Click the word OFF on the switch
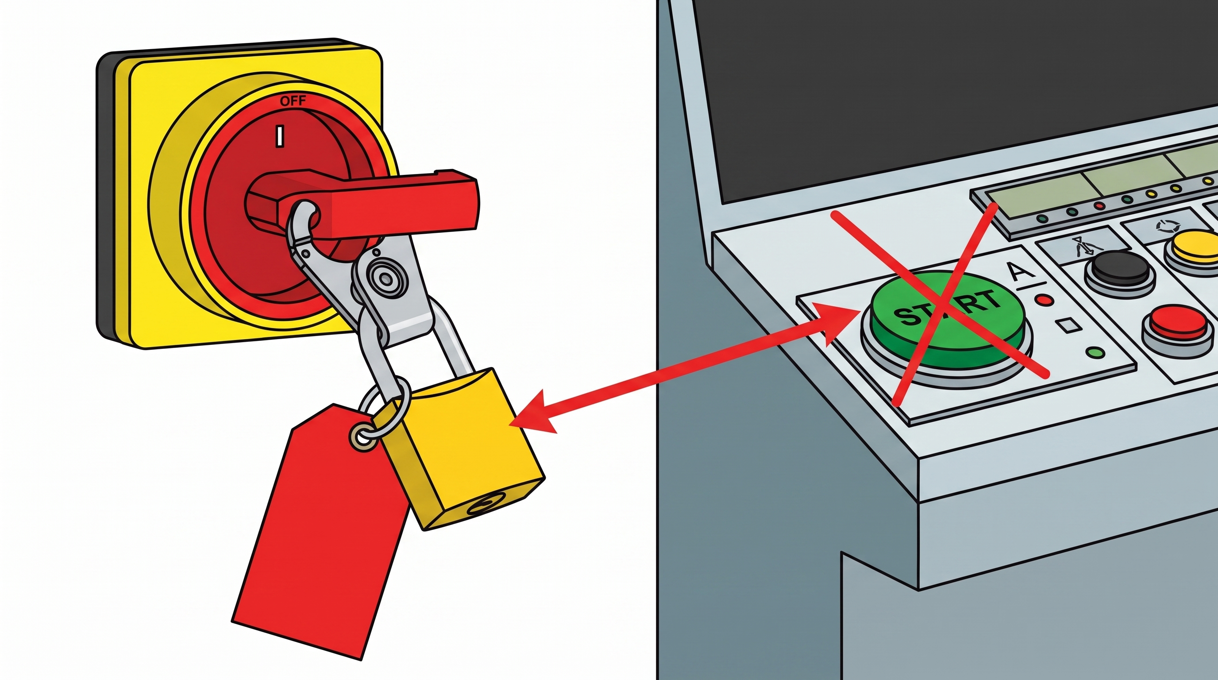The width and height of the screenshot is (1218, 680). tap(293, 101)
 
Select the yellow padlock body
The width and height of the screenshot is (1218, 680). tap(463, 449)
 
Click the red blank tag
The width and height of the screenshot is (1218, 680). tap(321, 529)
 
